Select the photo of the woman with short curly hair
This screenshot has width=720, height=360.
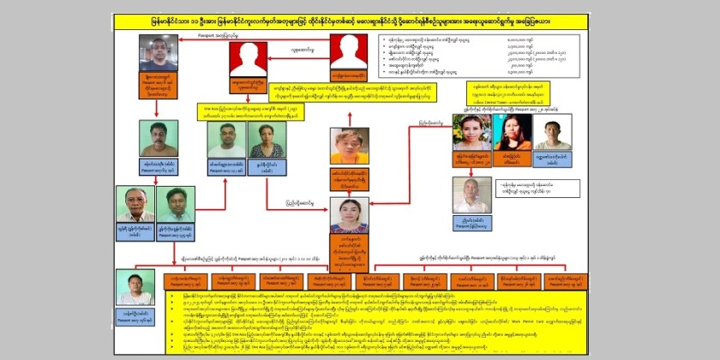(x=267, y=140)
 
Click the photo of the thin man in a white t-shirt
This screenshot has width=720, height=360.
(x=553, y=133)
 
